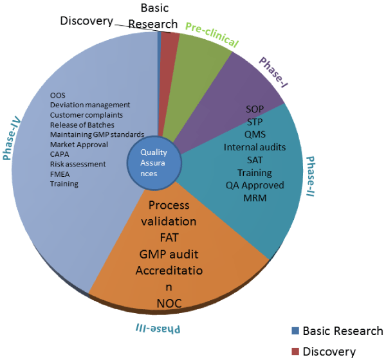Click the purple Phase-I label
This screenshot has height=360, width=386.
pyautogui.click(x=273, y=71)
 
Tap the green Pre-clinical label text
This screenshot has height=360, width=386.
pyautogui.click(x=212, y=35)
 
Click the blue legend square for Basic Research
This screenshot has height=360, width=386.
pyautogui.click(x=295, y=331)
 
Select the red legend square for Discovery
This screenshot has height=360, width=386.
pyautogui.click(x=295, y=352)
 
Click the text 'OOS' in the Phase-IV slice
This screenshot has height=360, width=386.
pyautogui.click(x=58, y=96)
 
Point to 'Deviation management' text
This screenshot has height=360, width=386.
pyautogui.click(x=90, y=105)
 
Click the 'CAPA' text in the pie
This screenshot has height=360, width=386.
pyautogui.click(x=60, y=154)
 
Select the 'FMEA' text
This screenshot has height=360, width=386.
pyautogui.click(x=61, y=174)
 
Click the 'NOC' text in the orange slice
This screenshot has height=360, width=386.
pyautogui.click(x=169, y=303)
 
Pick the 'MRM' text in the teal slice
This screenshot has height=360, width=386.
pyautogui.click(x=255, y=197)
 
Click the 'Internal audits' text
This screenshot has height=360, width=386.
pyautogui.click(x=255, y=147)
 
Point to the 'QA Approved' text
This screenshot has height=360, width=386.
pyautogui.click(x=255, y=185)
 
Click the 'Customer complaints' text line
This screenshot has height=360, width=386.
pyautogui.click(x=87, y=115)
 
